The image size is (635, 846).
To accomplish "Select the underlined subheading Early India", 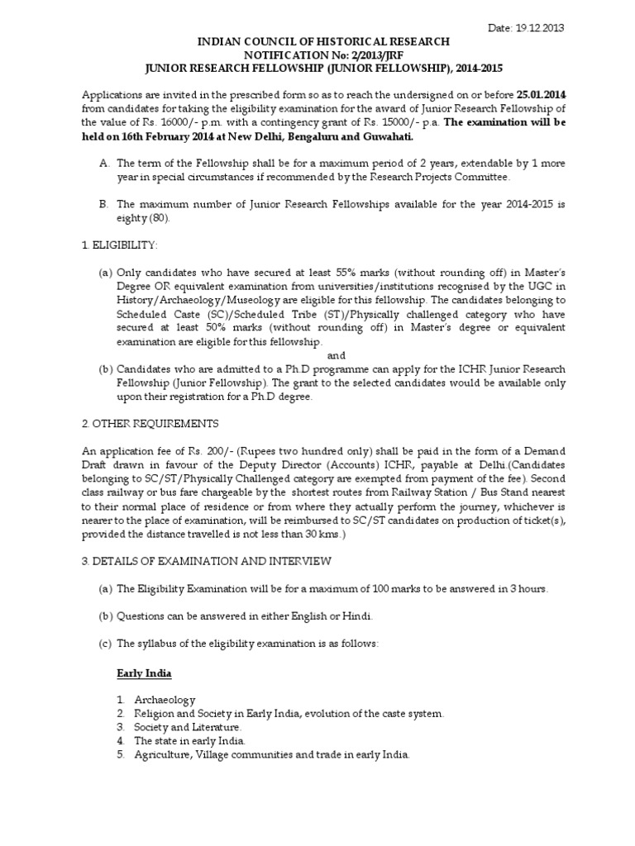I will pyautogui.click(x=143, y=673).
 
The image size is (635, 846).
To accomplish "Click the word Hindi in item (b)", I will pyautogui.click(x=360, y=616).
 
